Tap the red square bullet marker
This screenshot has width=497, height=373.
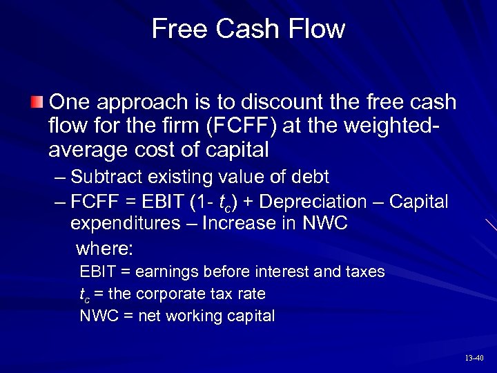pos(37,103)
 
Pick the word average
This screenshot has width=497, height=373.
pos(87,150)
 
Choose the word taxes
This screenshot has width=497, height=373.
pos(363,271)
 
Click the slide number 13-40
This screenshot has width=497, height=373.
pos(474,358)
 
